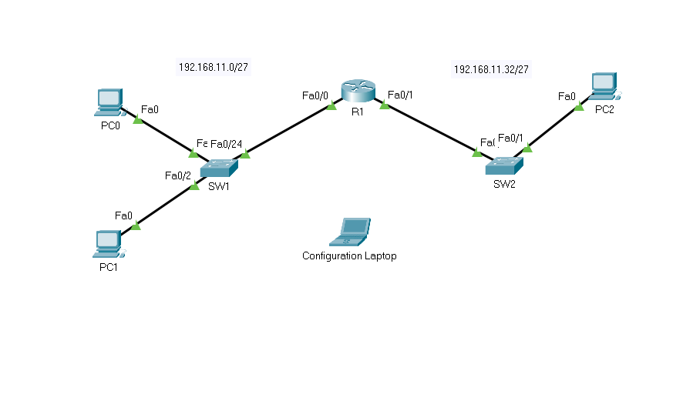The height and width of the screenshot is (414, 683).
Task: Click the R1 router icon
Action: pos(358,92)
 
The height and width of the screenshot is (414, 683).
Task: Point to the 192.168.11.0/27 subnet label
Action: pos(214,67)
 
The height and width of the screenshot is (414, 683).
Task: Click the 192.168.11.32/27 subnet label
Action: pos(491,69)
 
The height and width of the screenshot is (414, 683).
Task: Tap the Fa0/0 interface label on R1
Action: pos(315,95)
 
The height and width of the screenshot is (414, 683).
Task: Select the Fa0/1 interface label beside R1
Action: pos(401,95)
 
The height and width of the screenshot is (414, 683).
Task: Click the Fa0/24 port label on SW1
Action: pos(227,144)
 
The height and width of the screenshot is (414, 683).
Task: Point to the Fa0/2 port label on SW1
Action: pos(177,175)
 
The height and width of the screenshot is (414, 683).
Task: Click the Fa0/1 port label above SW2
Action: pos(511,138)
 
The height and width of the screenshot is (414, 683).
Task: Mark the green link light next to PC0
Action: pos(138,119)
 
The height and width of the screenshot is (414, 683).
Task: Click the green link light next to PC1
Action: pos(136,225)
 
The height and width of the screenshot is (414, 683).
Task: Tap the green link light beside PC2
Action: pos(579,107)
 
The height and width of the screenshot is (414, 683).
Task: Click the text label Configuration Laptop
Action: pos(349,255)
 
